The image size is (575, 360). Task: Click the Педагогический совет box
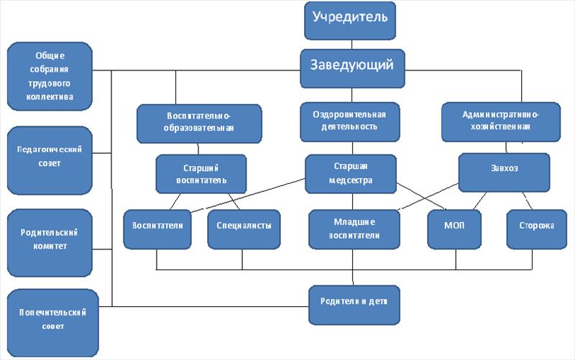(x=49, y=156)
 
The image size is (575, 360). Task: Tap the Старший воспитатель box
(x=201, y=173)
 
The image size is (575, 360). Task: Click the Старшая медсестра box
(x=350, y=173)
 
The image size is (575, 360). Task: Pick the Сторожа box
(x=536, y=226)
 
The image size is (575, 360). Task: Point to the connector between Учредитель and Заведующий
(x=351, y=45)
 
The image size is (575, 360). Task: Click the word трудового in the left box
(x=49, y=82)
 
